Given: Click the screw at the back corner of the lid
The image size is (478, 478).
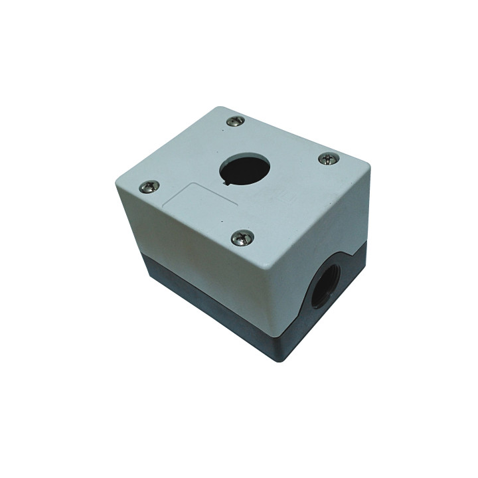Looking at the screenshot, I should [235, 121].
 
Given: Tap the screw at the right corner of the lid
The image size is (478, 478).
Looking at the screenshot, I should [329, 158].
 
